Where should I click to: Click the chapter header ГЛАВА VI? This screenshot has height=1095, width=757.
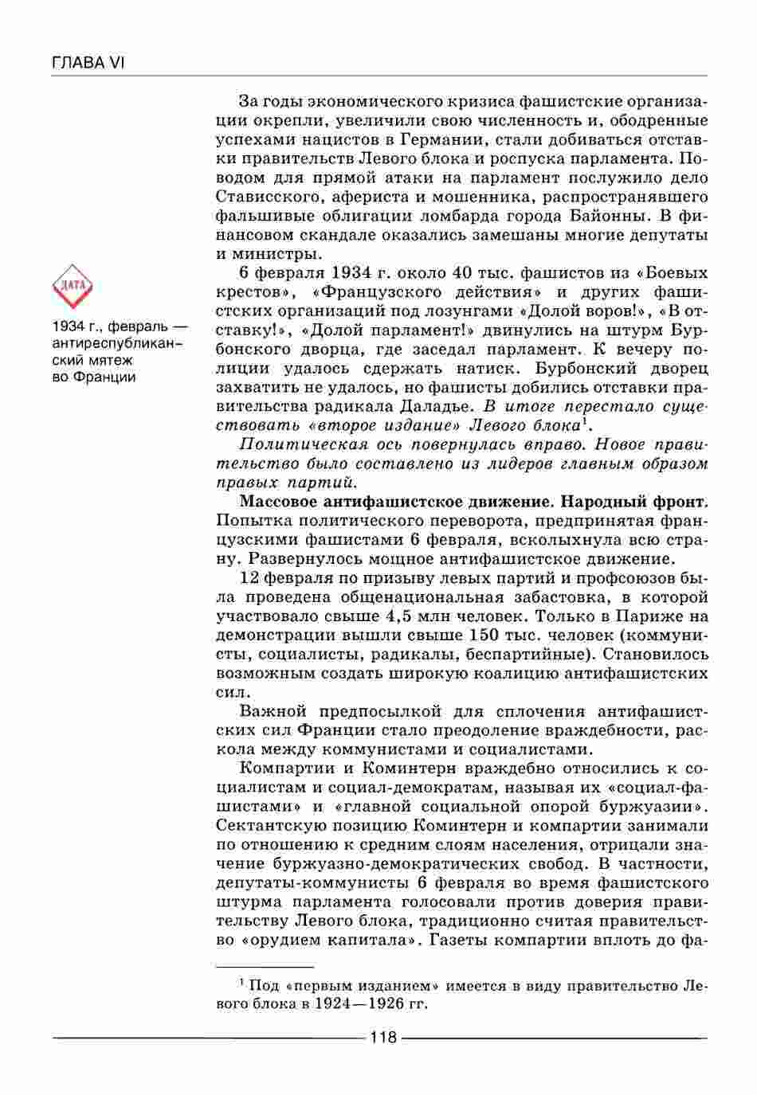88,63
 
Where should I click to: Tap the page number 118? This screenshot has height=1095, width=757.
383,1037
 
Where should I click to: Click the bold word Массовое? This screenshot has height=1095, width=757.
280,502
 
